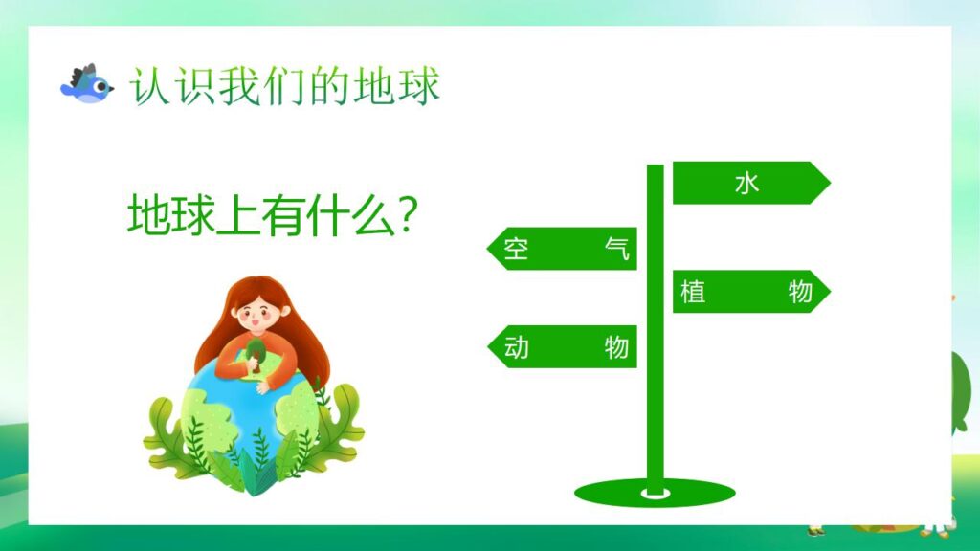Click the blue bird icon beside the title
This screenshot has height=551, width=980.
click(86, 83)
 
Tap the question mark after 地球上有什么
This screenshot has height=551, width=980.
click(406, 216)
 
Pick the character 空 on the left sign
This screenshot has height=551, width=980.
click(517, 249)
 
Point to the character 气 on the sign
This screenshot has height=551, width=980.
click(618, 249)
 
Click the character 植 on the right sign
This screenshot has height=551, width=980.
click(693, 292)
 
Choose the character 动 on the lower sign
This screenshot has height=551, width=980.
click(517, 346)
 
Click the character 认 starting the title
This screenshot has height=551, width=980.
click(151, 87)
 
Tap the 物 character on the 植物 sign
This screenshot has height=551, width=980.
click(800, 292)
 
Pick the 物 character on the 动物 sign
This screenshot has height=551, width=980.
click(617, 346)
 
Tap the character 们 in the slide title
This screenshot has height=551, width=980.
click(284, 87)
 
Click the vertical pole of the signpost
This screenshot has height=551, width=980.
click(655, 402)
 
